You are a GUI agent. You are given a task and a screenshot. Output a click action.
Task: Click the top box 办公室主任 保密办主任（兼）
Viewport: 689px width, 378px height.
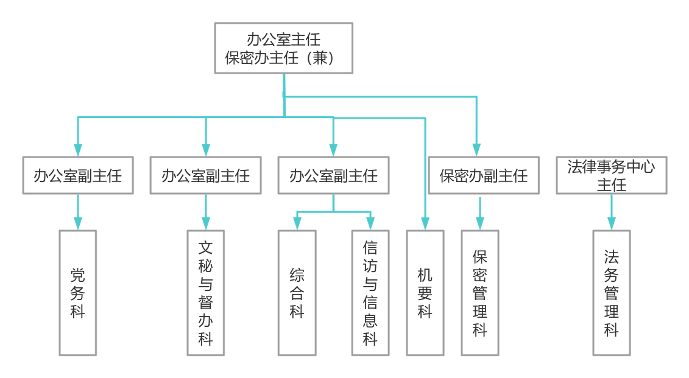[284, 48]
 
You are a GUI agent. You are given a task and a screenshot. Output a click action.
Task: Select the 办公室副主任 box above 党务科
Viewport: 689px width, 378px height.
[78, 175]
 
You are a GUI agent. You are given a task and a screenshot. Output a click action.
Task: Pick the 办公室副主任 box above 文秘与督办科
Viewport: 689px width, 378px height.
[206, 175]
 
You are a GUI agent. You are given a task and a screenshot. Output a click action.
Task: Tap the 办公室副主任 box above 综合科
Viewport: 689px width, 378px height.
[333, 175]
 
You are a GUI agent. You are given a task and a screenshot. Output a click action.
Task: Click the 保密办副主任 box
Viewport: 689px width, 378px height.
[484, 175]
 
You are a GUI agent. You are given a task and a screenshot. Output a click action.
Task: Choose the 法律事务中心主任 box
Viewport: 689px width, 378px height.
[612, 175]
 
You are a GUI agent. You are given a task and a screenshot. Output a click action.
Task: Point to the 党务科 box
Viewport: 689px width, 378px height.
[78, 293]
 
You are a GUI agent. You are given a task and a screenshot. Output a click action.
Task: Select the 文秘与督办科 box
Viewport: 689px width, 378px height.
[206, 293]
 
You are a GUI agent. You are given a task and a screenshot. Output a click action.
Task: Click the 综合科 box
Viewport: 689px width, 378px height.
[297, 293]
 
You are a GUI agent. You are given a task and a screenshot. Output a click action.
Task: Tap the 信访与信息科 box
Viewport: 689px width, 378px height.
[370, 293]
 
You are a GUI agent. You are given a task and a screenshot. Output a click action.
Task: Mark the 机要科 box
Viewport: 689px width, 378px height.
[425, 293]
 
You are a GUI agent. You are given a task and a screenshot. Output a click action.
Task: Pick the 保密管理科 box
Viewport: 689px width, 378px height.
[480, 293]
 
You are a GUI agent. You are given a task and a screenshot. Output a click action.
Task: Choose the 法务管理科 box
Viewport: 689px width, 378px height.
[612, 293]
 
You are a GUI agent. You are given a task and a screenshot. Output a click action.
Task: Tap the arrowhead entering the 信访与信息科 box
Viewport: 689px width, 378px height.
[370, 223]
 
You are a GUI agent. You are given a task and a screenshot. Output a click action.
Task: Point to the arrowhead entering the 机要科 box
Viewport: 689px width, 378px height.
[425, 223]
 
